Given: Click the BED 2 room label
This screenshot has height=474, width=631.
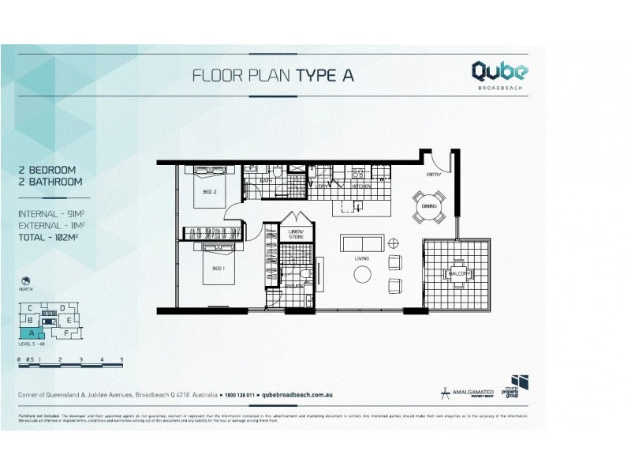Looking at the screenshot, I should pyautogui.click(x=210, y=191).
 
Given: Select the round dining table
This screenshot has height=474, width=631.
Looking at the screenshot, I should pyautogui.click(x=429, y=207).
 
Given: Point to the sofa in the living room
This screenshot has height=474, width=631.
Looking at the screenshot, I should pyautogui.click(x=362, y=243).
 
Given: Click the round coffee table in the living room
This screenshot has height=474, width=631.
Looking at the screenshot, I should pyautogui.click(x=363, y=273).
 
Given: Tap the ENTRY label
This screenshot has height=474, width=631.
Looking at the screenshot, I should pyautogui.click(x=434, y=175).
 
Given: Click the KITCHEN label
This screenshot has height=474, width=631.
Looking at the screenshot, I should pyautogui.click(x=362, y=186).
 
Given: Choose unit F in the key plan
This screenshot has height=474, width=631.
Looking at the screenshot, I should pyautogui.click(x=66, y=333).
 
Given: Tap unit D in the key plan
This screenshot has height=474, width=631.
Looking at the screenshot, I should pyautogui.click(x=62, y=307).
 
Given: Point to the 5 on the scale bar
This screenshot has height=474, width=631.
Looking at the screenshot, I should pyautogui.click(x=122, y=359).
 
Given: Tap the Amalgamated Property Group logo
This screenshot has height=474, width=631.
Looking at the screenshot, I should pyautogui.click(x=469, y=391).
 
